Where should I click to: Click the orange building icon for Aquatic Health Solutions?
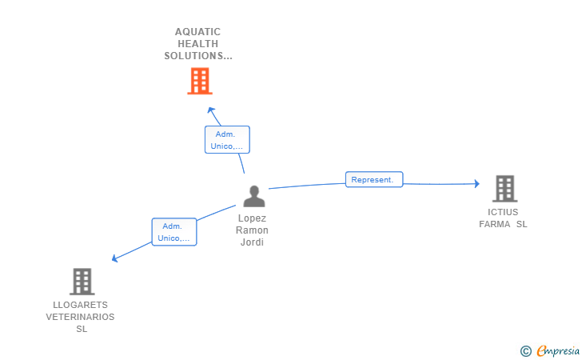(x=199, y=81)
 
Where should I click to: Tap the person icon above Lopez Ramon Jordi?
(x=254, y=196)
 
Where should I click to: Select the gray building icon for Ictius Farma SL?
(x=504, y=189)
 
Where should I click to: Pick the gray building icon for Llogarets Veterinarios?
(x=82, y=282)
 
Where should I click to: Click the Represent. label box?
(x=373, y=180)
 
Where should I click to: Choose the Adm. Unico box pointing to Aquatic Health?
(x=227, y=140)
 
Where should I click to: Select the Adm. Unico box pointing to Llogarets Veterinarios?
(x=174, y=232)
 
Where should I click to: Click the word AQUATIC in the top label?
(x=197, y=32)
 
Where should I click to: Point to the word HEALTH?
(x=198, y=44)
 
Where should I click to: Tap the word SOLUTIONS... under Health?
(x=198, y=56)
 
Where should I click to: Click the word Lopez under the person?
(x=252, y=218)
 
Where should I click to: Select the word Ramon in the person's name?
(x=252, y=230)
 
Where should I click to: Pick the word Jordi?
(x=252, y=242)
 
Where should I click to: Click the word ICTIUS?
(x=503, y=212)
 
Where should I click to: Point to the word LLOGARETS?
(x=80, y=305)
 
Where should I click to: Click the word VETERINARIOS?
(x=80, y=317)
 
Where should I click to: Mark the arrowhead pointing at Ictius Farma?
(x=476, y=184)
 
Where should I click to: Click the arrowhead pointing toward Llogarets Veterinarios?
(x=115, y=258)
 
